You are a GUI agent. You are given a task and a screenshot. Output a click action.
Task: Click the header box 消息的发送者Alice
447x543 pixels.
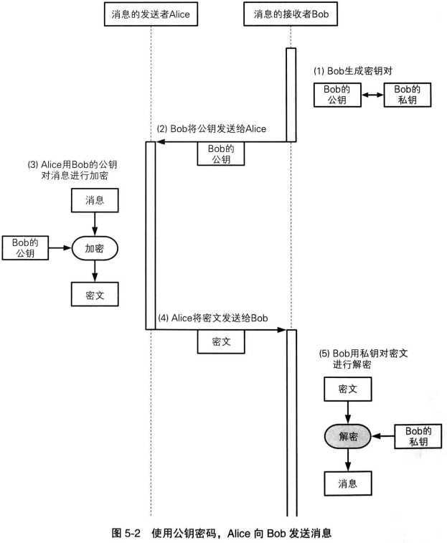151,14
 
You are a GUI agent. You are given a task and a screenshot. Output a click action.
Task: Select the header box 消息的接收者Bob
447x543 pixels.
291,14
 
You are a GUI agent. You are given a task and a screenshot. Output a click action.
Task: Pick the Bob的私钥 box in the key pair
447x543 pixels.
408,95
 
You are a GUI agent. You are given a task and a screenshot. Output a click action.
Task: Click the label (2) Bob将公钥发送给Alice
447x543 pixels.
212,129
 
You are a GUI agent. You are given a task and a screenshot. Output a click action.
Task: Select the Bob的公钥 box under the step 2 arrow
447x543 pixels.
220,154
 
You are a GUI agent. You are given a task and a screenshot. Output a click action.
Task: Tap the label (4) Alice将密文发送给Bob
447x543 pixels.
214,318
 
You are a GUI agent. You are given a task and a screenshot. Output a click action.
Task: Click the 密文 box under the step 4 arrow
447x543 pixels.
220,343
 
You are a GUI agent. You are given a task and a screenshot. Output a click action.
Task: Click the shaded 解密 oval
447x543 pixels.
348,435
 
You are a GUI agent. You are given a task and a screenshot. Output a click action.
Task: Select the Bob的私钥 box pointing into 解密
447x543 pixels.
418,435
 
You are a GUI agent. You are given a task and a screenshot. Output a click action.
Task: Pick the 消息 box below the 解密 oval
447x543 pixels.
348,483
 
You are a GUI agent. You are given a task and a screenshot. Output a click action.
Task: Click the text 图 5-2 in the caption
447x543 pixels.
128,533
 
